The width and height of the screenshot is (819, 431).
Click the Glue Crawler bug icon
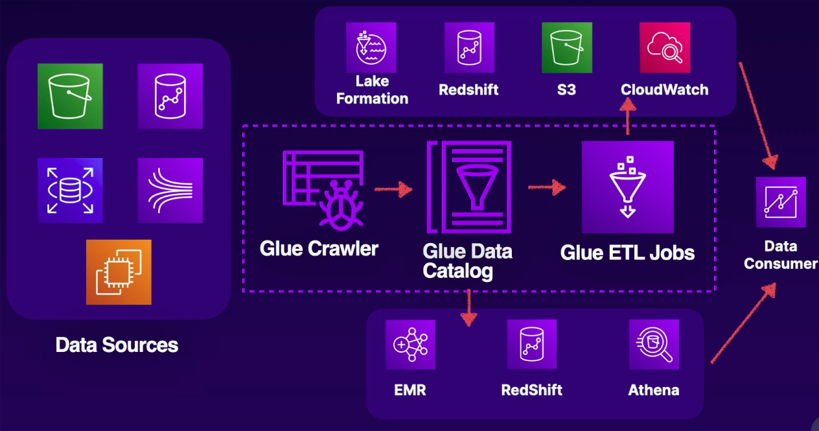(322, 189)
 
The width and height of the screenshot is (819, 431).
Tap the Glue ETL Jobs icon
(627, 187)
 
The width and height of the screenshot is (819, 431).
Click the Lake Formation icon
(371, 48)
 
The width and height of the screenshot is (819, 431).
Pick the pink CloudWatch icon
(664, 48)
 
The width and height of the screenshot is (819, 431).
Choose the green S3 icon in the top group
(567, 48)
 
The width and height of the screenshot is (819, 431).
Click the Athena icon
(654, 344)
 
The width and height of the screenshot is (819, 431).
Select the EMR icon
(410, 344)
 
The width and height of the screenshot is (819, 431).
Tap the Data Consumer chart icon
(781, 202)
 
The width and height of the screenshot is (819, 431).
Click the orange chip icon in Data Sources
(119, 272)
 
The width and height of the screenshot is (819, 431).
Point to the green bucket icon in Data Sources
(70, 96)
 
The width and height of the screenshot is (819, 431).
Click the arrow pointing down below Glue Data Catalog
(468, 308)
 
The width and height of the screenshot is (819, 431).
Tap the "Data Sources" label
(117, 344)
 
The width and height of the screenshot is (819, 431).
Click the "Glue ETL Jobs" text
(627, 252)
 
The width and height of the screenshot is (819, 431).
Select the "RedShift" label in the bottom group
(531, 390)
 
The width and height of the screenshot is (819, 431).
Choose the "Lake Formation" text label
(372, 90)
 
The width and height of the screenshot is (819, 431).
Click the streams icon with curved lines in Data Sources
(170, 190)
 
